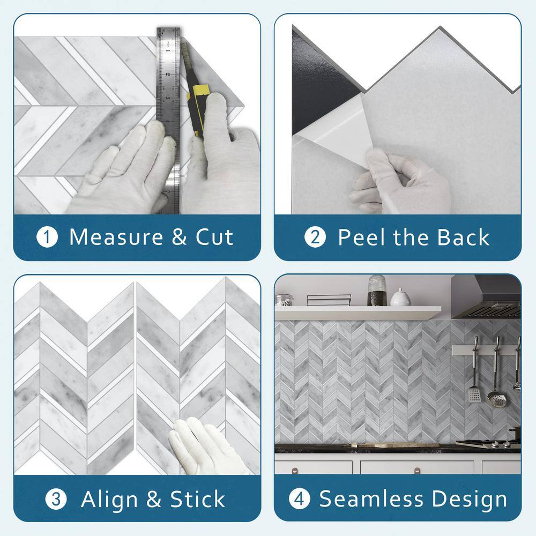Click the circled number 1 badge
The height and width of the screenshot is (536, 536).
pyautogui.click(x=47, y=237)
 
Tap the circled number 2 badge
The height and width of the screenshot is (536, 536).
pyautogui.click(x=315, y=237)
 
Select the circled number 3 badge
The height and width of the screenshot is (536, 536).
pyautogui.click(x=56, y=499)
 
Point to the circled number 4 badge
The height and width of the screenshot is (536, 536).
pyautogui.click(x=300, y=498)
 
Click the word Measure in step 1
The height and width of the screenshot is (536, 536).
pyautogui.click(x=116, y=237)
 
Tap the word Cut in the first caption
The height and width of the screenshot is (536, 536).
pyautogui.click(x=214, y=237)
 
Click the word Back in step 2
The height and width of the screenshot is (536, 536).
pyautogui.click(x=464, y=237)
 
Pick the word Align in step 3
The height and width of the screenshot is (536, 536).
pyautogui.click(x=109, y=500)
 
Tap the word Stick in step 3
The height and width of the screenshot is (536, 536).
pyautogui.click(x=198, y=499)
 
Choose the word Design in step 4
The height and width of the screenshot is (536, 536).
pyautogui.click(x=470, y=500)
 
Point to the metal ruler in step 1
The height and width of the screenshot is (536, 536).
pyautogui.click(x=168, y=120)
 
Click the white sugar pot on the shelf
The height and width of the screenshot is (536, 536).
pyautogui.click(x=400, y=297)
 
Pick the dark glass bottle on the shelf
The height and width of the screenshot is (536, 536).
pyautogui.click(x=377, y=290)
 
